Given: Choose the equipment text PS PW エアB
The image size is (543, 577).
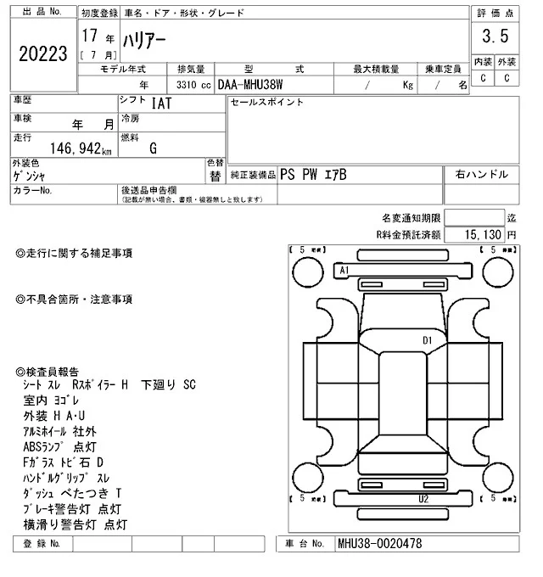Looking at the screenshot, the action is click(x=313, y=174).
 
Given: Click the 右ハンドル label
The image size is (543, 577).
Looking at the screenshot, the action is click(x=482, y=174).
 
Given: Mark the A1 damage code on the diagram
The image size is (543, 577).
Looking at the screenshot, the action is click(x=344, y=270).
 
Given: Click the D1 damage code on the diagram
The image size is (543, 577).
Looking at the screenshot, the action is click(x=428, y=340).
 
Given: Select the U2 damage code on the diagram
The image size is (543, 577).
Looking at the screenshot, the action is click(x=423, y=500).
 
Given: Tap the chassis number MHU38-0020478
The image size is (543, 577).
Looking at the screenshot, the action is click(x=380, y=543).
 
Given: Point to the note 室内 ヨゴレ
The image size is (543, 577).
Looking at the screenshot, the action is click(x=53, y=401).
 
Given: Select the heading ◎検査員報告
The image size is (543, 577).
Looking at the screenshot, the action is click(x=48, y=371).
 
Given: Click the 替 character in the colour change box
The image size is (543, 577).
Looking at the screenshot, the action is click(x=215, y=176).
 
